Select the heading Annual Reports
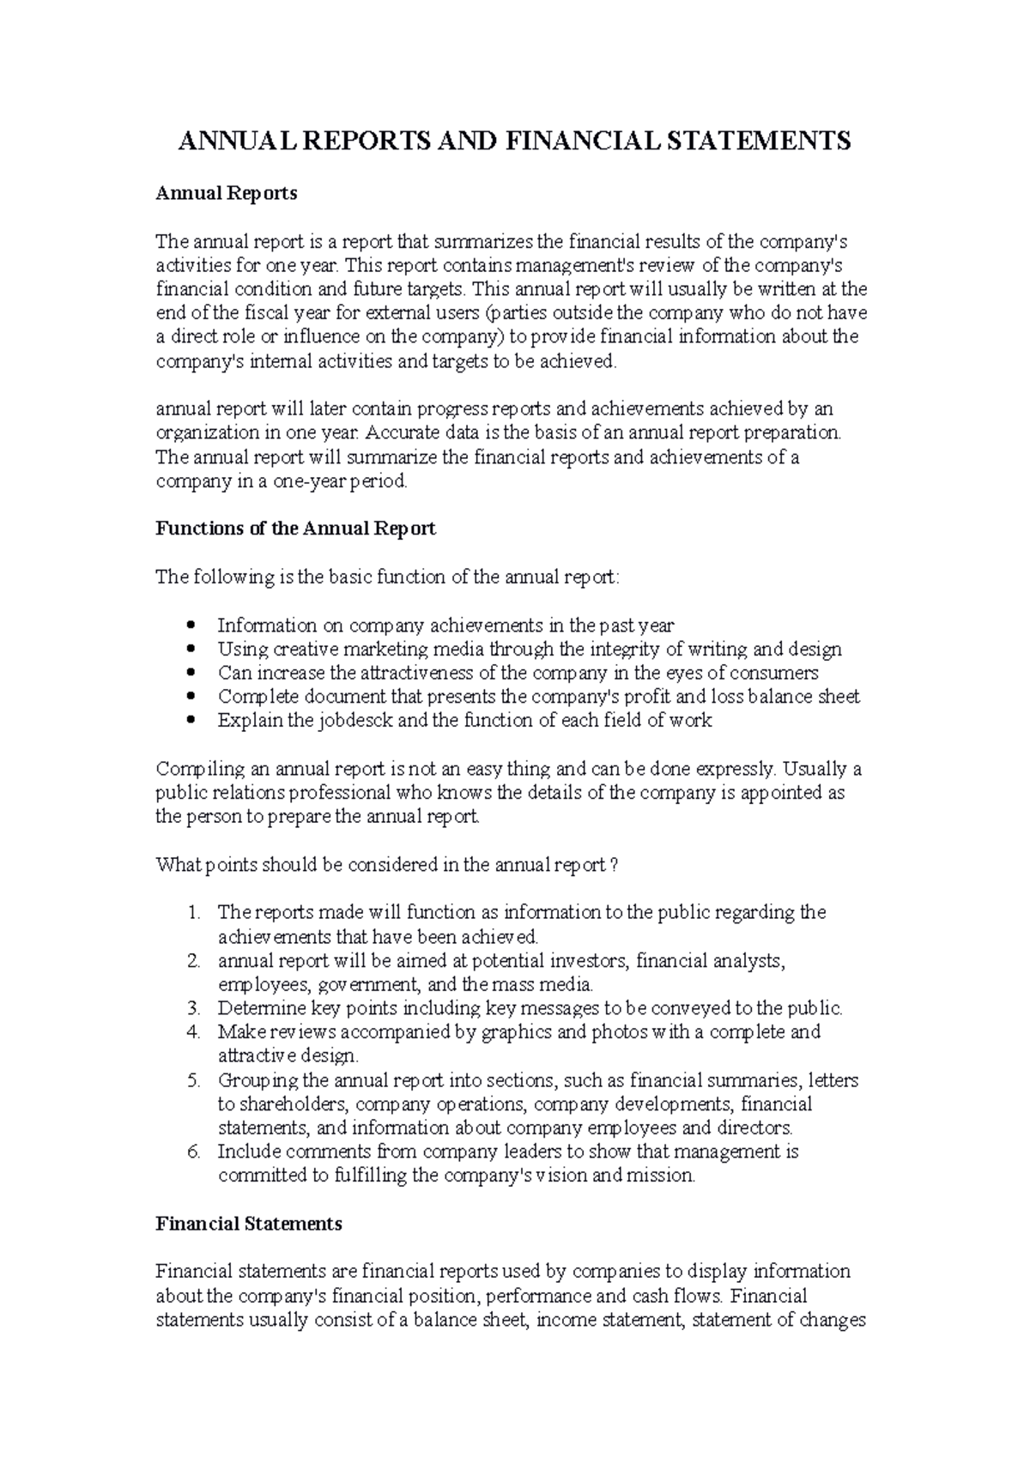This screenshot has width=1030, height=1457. [x=226, y=194]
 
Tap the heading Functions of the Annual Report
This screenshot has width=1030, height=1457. [x=295, y=529]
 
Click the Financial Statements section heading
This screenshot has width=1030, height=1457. [x=249, y=1224]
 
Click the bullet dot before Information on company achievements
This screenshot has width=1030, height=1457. [x=191, y=626]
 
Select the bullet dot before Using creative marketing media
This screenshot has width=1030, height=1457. [x=191, y=650]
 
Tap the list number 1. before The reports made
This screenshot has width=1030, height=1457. [x=194, y=912]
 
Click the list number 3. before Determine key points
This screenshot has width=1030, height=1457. [x=194, y=1008]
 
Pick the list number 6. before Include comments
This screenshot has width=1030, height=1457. [x=194, y=1152]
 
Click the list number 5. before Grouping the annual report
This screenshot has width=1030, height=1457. [x=194, y=1080]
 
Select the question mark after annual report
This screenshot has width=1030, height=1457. [x=613, y=865]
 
